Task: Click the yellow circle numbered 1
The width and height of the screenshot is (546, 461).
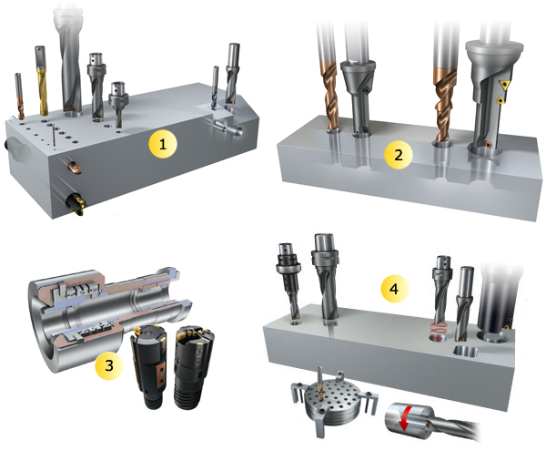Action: pos(163,143)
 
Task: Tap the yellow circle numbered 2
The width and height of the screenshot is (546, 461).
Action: pos(399,155)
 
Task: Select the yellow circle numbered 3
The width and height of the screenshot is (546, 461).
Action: pos(109,365)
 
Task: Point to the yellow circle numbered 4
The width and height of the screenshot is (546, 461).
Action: pos(394,289)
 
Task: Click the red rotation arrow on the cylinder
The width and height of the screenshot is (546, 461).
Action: pos(405,418)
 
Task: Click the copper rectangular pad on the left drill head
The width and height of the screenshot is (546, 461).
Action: pos(161,374)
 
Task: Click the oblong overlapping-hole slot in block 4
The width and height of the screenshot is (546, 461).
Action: pos(465,352)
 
